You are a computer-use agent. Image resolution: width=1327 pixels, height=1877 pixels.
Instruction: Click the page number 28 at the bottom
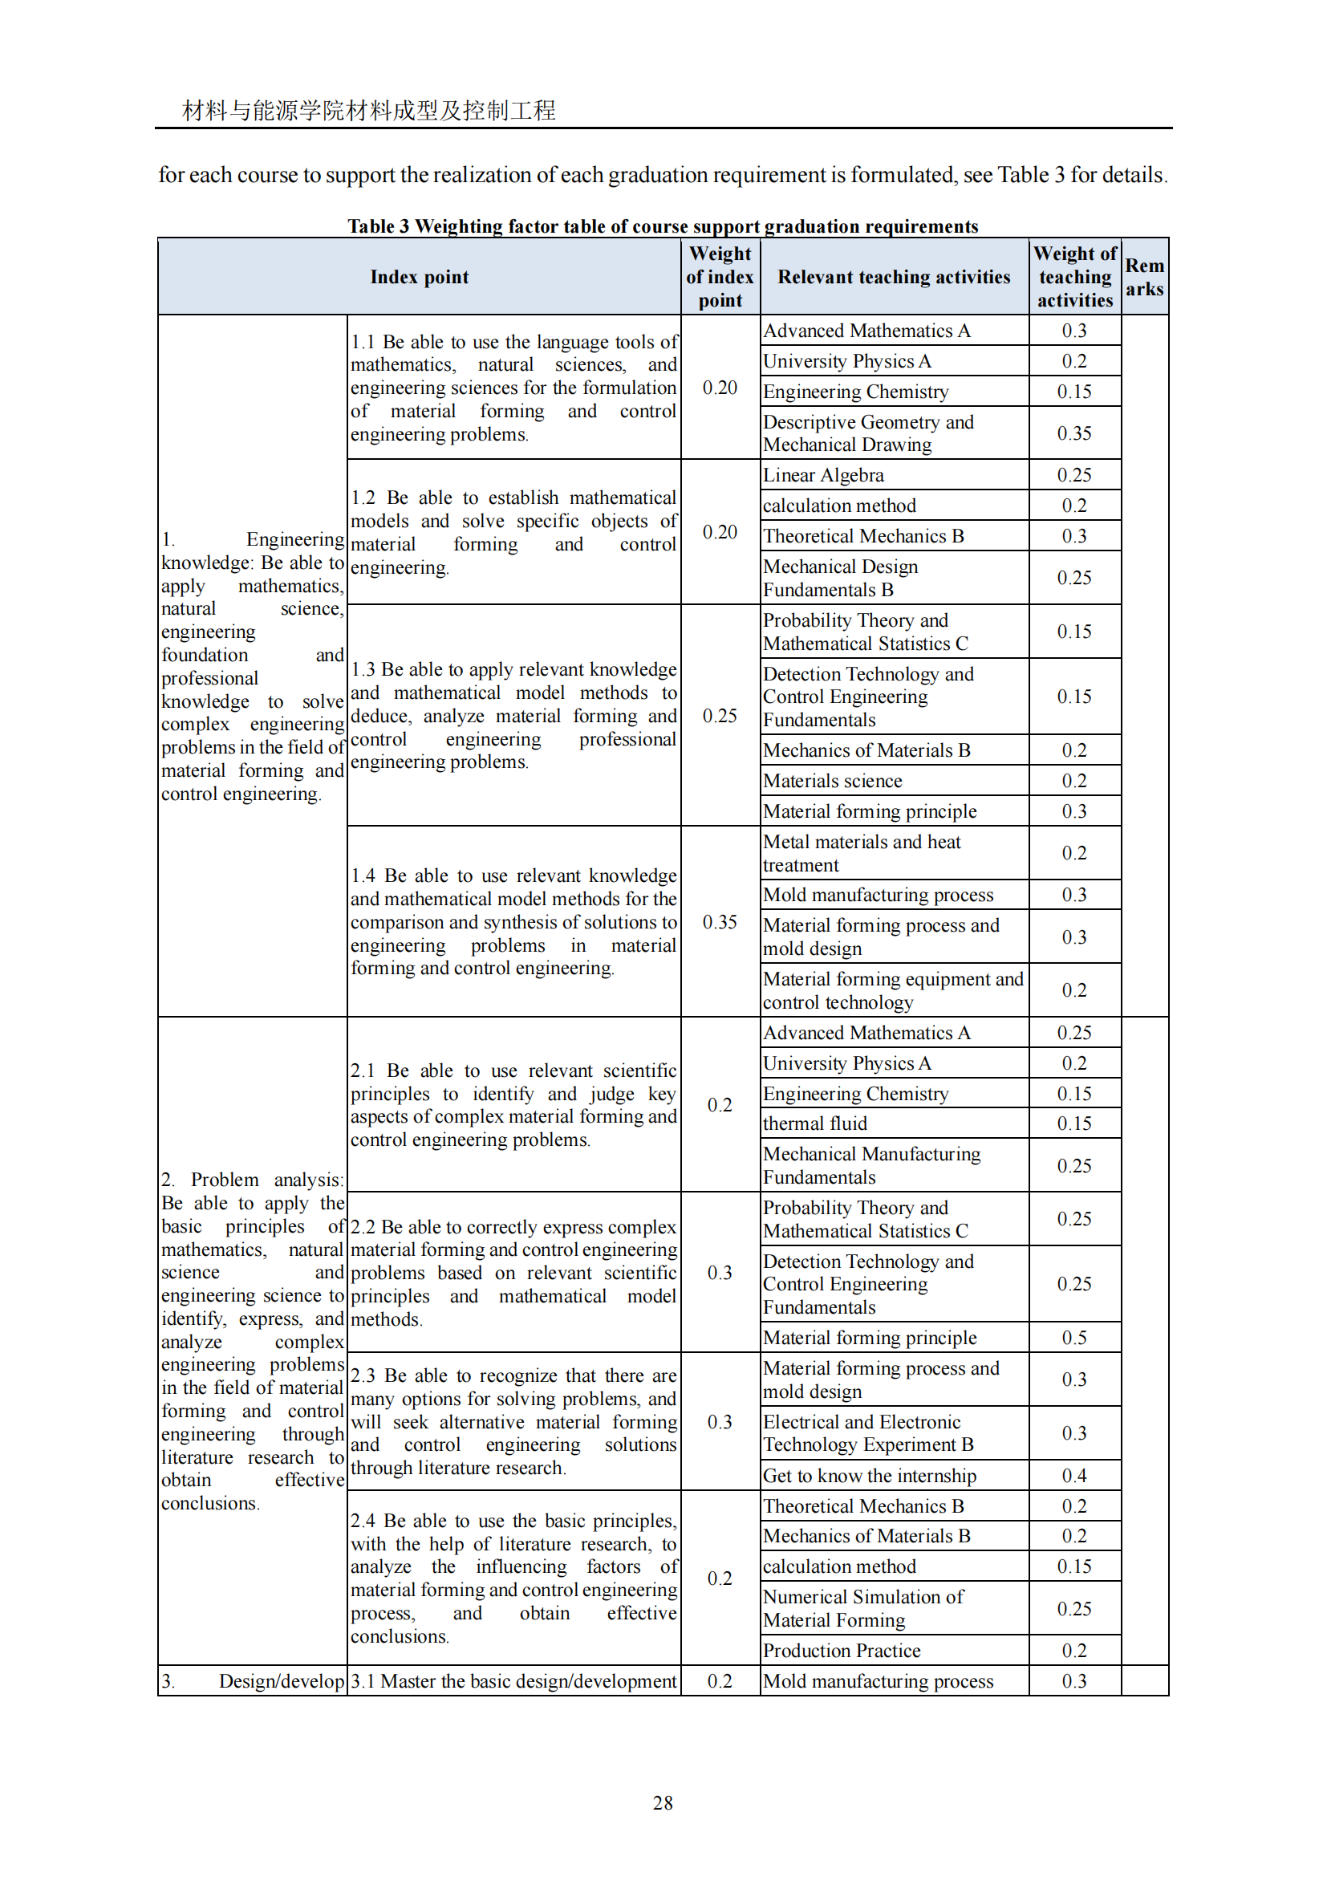tap(663, 1802)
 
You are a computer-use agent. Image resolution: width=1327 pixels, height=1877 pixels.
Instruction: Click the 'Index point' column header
tap(419, 277)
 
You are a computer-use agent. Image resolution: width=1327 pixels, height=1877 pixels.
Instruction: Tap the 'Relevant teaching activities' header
tap(894, 277)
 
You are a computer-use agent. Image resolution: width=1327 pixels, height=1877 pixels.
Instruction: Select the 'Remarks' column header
tap(1144, 277)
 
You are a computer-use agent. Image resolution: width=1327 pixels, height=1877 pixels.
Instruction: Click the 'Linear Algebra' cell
tap(824, 475)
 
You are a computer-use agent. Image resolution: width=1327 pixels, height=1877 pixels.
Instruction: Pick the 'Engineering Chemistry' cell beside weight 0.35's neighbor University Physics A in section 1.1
tap(855, 392)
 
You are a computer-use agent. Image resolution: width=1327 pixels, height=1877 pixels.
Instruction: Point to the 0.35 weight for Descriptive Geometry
tap(1073, 433)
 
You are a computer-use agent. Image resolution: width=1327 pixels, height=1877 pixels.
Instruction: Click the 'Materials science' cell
tap(833, 781)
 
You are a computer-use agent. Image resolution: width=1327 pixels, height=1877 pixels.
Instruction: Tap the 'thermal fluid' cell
tap(814, 1123)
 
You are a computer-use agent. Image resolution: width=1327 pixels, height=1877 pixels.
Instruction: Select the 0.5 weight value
tap(1073, 1338)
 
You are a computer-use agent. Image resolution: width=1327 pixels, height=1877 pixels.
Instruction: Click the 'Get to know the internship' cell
tap(870, 1476)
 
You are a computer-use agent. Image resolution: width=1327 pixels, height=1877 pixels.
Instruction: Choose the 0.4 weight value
tap(1073, 1476)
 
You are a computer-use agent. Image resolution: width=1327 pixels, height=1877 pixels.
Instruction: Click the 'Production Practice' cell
tap(842, 1651)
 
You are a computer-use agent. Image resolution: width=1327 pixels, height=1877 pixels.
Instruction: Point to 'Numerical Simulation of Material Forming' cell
tap(863, 1608)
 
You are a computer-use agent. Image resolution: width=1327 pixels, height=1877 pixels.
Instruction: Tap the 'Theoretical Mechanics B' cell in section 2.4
tap(863, 1505)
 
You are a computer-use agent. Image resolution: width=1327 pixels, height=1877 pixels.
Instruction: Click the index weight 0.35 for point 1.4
tap(719, 922)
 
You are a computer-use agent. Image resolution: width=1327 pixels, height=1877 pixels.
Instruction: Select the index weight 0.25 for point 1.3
tap(719, 716)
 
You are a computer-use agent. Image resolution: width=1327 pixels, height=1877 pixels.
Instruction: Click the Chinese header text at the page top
tap(368, 111)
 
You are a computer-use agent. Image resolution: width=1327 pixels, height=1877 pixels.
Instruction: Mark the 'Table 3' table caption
tap(663, 226)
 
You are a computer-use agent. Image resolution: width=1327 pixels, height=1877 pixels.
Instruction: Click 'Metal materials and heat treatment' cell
tap(861, 854)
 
